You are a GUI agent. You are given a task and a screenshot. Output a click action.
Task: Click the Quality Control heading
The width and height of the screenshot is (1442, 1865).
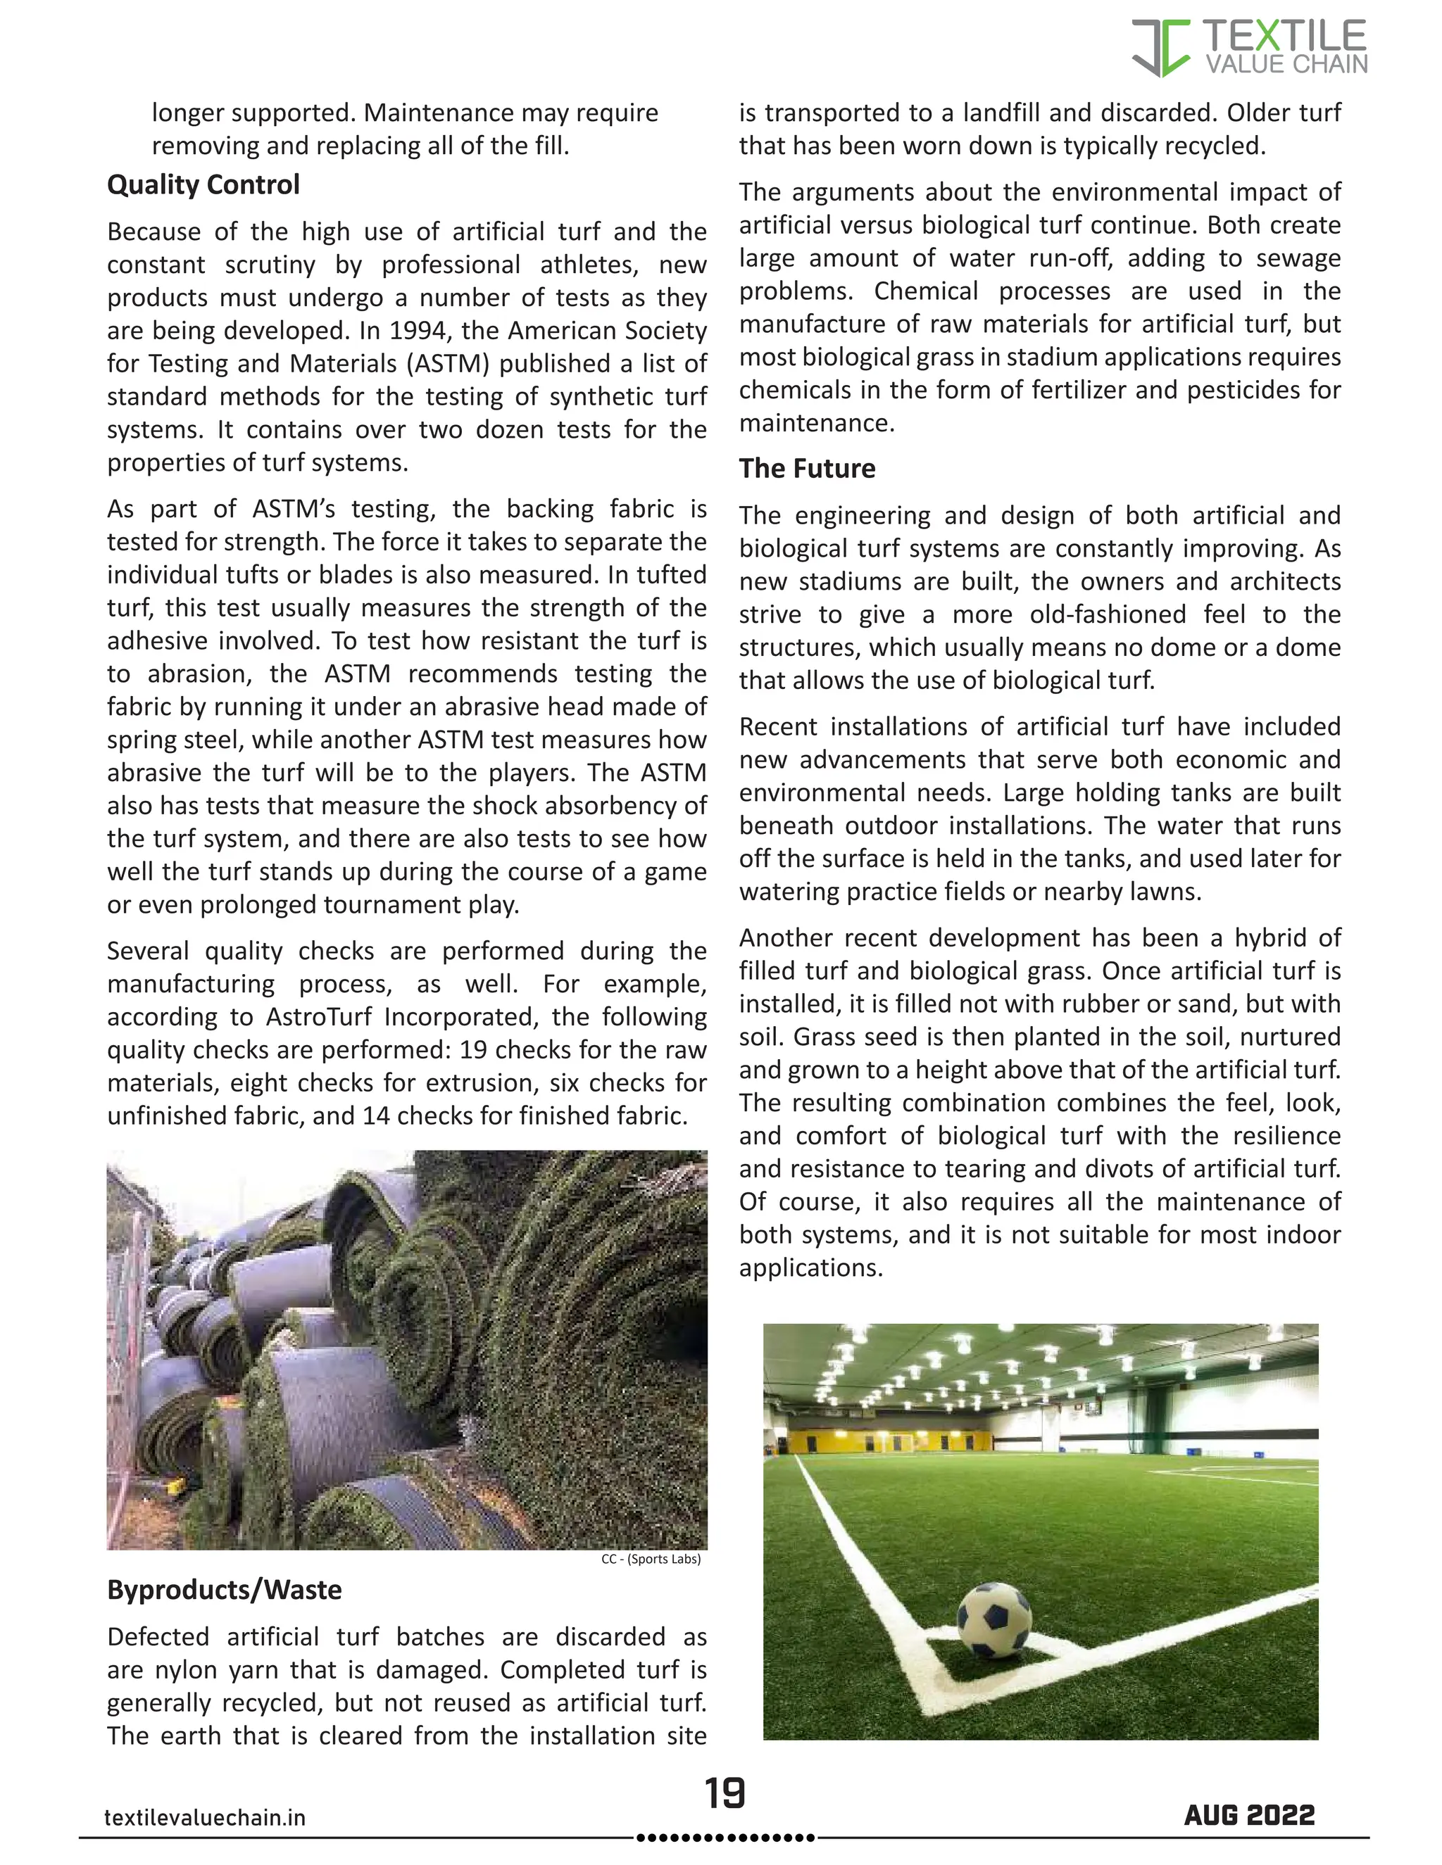pos(203,184)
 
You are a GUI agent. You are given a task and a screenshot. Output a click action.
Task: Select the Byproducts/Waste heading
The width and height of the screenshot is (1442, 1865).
pos(224,1589)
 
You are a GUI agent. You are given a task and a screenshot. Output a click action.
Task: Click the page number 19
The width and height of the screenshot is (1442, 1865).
pos(725,1793)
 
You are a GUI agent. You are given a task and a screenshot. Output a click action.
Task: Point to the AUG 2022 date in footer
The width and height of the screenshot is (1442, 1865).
pos(1249,1814)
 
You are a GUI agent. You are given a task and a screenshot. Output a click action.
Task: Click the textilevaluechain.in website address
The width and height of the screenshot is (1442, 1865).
pos(204,1817)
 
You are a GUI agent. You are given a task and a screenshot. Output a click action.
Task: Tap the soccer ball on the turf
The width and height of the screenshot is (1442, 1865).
pos(993,1621)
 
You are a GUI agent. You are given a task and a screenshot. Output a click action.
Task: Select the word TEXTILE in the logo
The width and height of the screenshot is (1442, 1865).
pos(1284,36)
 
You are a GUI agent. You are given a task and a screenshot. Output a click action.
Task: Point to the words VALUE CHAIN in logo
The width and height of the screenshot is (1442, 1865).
pos(1286,65)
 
